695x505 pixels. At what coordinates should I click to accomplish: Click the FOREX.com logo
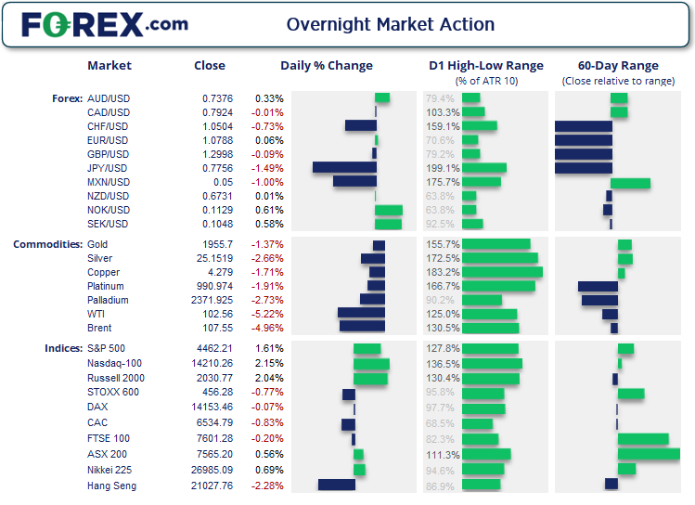click(104, 24)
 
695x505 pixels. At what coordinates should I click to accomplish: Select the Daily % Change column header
click(327, 66)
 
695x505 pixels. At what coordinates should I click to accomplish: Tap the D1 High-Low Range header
click(486, 66)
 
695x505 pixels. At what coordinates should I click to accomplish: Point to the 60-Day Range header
click(618, 66)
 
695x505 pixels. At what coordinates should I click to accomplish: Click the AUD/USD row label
click(108, 98)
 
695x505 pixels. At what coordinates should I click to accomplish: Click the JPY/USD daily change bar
click(344, 168)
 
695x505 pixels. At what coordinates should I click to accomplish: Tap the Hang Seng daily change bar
click(336, 485)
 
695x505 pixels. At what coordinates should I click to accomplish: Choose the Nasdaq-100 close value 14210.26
click(211, 364)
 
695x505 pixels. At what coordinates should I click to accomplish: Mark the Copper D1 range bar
click(502, 272)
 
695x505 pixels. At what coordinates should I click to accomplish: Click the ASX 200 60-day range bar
click(649, 455)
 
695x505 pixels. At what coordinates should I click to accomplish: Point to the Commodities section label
click(47, 244)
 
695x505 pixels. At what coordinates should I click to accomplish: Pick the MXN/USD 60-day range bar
click(630, 183)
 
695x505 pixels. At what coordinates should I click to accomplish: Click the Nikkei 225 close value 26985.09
click(211, 470)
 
